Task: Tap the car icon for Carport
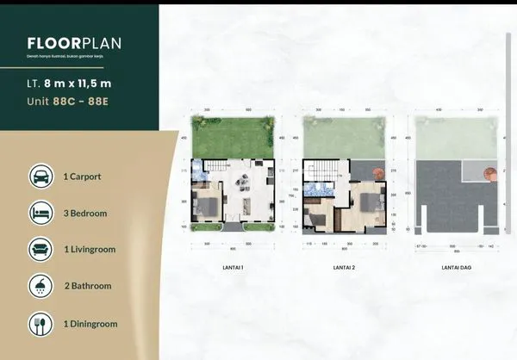[40, 177]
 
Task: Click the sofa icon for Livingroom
[40, 251]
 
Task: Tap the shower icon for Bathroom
[40, 287]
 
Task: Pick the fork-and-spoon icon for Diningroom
[40, 325]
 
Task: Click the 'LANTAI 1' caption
[232, 267]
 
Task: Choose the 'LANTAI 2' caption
[344, 267]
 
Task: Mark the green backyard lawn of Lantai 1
[231, 137]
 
